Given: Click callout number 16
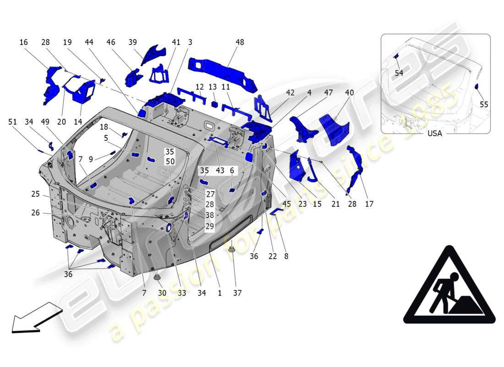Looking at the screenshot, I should click(x=23, y=42).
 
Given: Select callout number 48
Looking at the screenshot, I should click(x=240, y=42).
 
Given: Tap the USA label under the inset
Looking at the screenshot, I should click(x=434, y=133).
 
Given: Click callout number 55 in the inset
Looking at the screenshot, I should click(x=484, y=105).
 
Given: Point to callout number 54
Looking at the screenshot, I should click(x=399, y=73).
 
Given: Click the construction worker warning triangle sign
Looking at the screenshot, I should click(x=449, y=286).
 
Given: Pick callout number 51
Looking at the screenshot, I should click(x=12, y=122).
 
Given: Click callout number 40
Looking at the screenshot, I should click(x=349, y=93).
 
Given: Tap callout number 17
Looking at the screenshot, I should click(x=369, y=204).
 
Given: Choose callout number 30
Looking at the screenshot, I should click(x=162, y=293).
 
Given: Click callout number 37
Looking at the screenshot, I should click(x=237, y=293).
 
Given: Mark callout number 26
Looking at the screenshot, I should click(x=36, y=213).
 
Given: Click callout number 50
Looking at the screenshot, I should click(x=170, y=161).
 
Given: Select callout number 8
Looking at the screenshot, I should click(x=286, y=256).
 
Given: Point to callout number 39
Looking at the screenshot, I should click(x=133, y=42).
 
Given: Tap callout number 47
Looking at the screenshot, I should click(x=328, y=93).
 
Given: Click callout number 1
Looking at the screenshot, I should click(x=219, y=293).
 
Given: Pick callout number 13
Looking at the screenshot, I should click(x=213, y=87).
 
